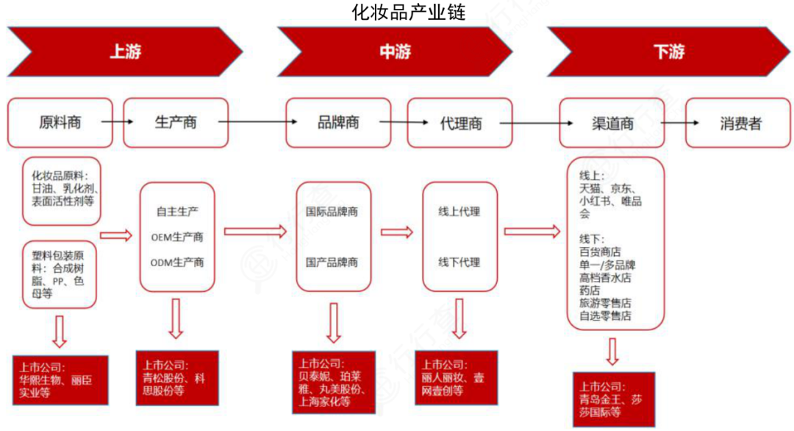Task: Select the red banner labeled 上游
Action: (x=125, y=52)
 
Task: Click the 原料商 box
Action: (x=60, y=123)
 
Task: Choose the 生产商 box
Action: (x=176, y=123)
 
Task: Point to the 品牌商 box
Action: (x=338, y=123)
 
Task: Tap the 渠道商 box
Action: (x=612, y=123)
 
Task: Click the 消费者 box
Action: (x=739, y=123)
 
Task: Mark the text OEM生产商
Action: (x=177, y=236)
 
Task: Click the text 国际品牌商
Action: (x=332, y=212)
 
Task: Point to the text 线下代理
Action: (x=459, y=262)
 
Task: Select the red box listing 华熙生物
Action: (x=60, y=380)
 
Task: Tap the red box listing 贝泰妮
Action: (x=332, y=382)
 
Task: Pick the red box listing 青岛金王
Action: (x=613, y=399)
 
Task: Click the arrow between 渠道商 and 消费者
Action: (x=674, y=122)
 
